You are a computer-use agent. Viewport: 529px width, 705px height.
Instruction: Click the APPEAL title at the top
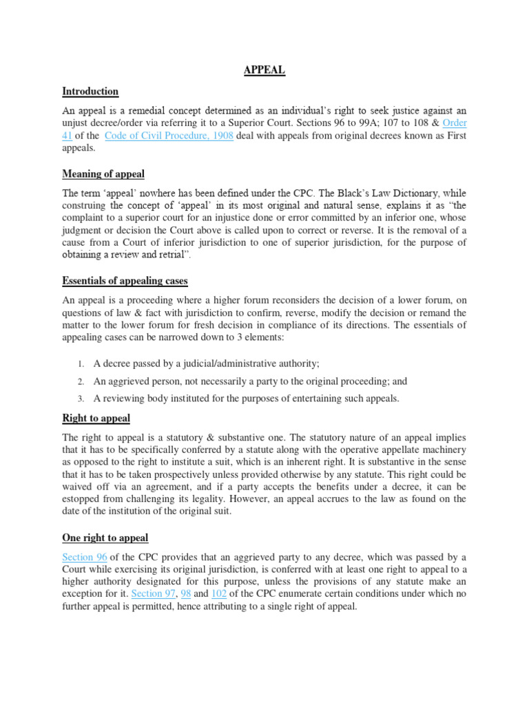(x=264, y=70)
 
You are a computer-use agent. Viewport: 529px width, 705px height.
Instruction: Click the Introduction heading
(x=90, y=91)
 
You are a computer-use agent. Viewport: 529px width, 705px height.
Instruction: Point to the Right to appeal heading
(x=96, y=418)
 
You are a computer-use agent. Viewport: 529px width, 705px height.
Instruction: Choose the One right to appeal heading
(x=105, y=538)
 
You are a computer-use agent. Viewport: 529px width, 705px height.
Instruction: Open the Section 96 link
(x=85, y=556)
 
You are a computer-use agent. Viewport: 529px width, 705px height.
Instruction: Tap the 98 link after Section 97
(x=185, y=593)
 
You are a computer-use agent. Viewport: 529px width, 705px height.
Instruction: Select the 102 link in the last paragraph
(x=226, y=593)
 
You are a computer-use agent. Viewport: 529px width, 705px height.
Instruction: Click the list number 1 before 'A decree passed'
(x=81, y=364)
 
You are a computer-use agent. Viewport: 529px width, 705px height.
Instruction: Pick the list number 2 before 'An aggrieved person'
(x=81, y=381)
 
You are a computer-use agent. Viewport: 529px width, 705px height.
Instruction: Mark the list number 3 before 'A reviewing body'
(x=81, y=399)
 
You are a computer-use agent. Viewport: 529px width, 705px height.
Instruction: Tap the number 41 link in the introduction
(x=68, y=136)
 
